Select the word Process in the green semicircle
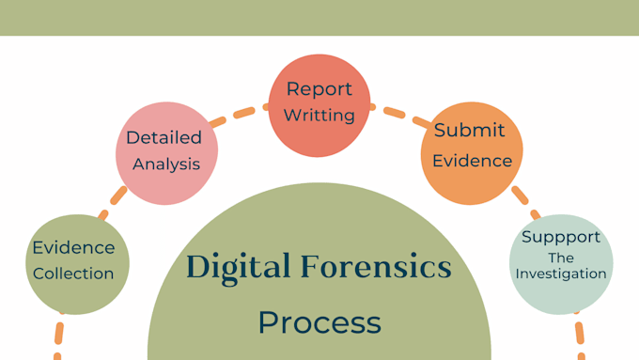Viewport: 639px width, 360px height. [x=319, y=322]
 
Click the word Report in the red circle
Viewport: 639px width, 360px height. [x=319, y=89]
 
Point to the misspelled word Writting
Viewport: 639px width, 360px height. [x=320, y=116]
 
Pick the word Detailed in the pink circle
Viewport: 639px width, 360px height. [x=164, y=137]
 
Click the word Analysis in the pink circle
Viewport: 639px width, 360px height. [x=166, y=164]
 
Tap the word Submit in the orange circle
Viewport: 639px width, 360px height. [x=469, y=131]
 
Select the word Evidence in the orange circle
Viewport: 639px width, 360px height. [x=472, y=160]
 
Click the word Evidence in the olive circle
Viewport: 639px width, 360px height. [x=73, y=248]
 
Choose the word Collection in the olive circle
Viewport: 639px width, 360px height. [x=73, y=274]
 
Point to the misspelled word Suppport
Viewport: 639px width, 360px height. [x=561, y=237]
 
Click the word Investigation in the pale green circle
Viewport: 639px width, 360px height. [x=562, y=274]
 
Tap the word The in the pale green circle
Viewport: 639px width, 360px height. [x=561, y=257]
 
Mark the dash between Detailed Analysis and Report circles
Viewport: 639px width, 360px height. [x=243, y=114]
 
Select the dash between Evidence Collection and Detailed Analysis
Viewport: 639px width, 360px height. [x=117, y=196]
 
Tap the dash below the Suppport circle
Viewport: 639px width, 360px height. [x=580, y=334]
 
